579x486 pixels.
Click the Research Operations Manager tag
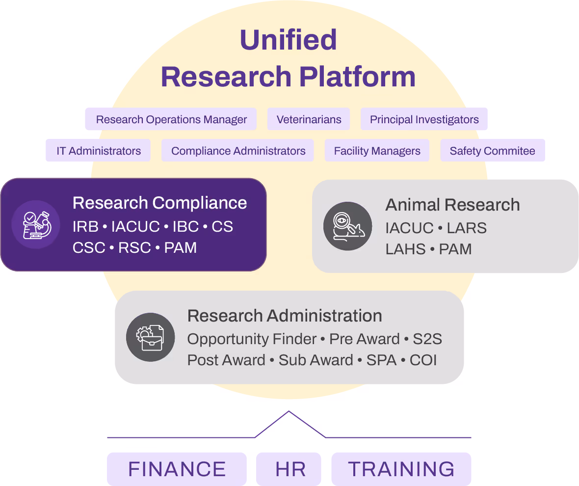(171, 119)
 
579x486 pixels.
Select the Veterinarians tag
(309, 119)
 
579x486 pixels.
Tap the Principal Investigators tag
(424, 119)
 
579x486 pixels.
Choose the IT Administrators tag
(99, 151)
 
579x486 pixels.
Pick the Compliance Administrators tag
(238, 151)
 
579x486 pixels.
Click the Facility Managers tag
(377, 151)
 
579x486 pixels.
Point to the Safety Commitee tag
(492, 151)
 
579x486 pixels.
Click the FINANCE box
(177, 469)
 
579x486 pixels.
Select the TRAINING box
(401, 469)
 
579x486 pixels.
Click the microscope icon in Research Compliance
(36, 225)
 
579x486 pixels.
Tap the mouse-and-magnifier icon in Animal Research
(347, 226)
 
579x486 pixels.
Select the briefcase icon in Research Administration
(150, 337)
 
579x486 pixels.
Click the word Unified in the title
(288, 40)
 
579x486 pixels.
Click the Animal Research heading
(452, 205)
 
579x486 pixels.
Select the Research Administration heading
(285, 316)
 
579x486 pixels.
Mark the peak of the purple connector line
(289, 411)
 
